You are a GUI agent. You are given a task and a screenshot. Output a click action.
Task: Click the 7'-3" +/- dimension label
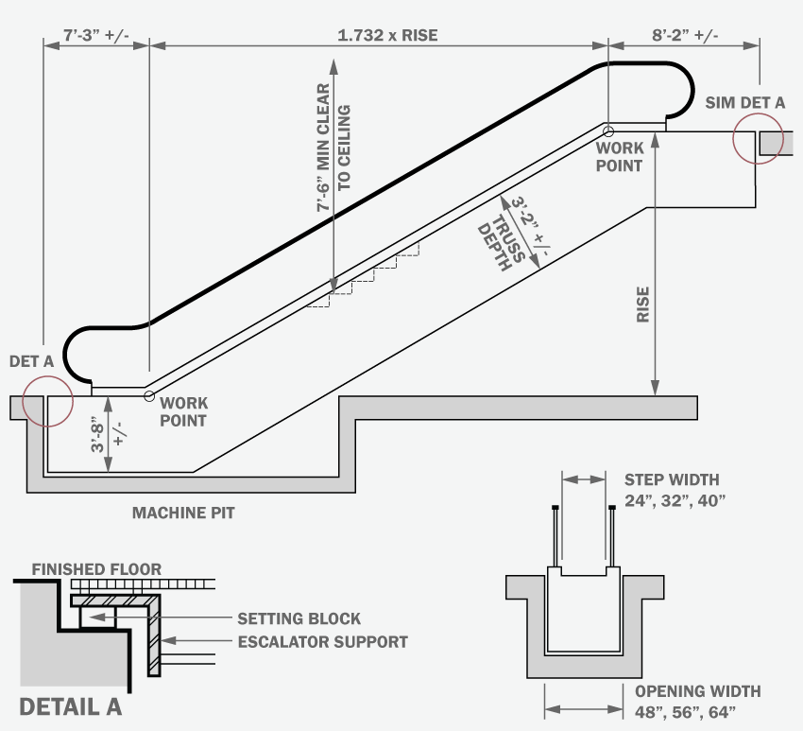95,36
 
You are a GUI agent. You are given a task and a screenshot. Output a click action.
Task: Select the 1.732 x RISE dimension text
387,36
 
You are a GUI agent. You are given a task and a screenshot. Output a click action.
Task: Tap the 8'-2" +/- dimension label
685,36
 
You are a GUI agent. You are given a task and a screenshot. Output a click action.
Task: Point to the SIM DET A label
744,102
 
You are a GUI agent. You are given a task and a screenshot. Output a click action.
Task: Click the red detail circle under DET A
47,401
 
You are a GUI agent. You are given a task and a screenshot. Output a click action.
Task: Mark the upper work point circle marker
608,131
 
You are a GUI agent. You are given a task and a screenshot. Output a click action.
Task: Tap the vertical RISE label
642,304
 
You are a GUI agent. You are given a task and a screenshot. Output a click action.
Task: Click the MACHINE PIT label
182,513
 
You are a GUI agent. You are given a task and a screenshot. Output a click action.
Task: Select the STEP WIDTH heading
672,479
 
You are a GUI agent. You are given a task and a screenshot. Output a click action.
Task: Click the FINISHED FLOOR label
96,569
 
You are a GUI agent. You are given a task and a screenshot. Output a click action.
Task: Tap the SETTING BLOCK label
299,618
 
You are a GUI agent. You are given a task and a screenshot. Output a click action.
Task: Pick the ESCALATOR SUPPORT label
322,641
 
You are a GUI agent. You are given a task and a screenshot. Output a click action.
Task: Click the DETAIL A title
71,706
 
